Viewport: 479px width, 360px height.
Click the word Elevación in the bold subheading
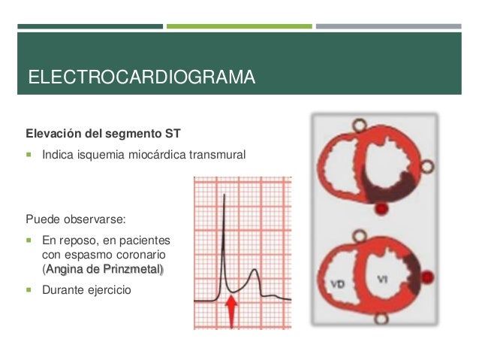coord(53,135)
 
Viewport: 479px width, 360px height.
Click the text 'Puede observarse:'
coord(77,220)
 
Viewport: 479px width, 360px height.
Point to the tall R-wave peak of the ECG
coord(224,197)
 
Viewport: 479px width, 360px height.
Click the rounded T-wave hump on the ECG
coord(255,274)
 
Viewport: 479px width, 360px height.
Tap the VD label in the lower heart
coord(339,284)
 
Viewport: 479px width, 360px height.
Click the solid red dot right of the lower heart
coord(427,278)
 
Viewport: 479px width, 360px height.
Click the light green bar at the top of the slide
coord(239,26)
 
